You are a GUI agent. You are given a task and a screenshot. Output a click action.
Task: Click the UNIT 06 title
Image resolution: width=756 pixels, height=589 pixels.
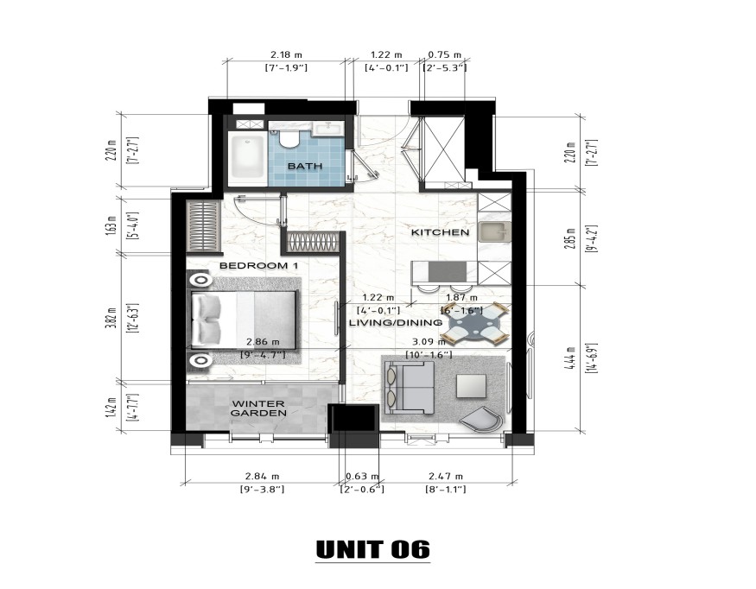tap(372, 549)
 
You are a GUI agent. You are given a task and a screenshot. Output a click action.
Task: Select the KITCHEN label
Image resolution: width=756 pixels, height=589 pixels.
tap(440, 232)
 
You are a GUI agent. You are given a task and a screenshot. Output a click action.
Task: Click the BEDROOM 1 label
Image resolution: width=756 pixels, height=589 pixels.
tap(258, 266)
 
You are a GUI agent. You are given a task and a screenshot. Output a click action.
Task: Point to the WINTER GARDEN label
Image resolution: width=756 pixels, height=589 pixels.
tap(258, 408)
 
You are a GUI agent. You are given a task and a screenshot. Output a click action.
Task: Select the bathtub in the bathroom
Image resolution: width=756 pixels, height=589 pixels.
tap(246, 157)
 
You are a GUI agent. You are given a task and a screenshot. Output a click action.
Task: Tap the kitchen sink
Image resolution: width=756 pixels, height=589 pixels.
tap(496, 232)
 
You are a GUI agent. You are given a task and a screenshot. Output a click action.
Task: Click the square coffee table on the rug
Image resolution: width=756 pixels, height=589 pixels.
tap(472, 383)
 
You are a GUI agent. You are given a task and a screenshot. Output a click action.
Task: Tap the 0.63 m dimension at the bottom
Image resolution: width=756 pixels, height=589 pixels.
tap(357, 476)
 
